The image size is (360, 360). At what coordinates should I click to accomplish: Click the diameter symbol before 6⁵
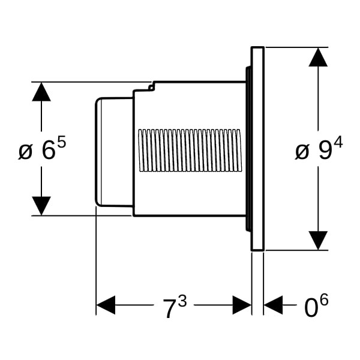(25, 151)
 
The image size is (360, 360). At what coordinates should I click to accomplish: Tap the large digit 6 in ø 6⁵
(49, 151)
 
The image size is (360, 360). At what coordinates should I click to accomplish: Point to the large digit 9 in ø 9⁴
(325, 151)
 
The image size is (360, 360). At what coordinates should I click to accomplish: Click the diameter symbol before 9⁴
(302, 151)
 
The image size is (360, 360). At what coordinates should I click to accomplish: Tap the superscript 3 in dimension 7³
(182, 301)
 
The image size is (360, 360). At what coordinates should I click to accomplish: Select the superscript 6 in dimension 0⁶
(324, 301)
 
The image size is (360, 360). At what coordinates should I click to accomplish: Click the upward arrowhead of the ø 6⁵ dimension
(41, 91)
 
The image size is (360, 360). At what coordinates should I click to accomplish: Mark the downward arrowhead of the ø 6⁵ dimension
(41, 206)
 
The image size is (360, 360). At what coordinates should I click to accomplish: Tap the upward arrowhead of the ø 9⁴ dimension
(318, 57)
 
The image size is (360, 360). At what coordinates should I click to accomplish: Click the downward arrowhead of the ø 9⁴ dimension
(318, 240)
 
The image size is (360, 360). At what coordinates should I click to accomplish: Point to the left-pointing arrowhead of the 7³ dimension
(106, 305)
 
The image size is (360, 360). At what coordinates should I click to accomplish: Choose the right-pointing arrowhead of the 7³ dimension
(242, 305)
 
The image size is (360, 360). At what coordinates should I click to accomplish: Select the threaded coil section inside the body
(190, 150)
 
